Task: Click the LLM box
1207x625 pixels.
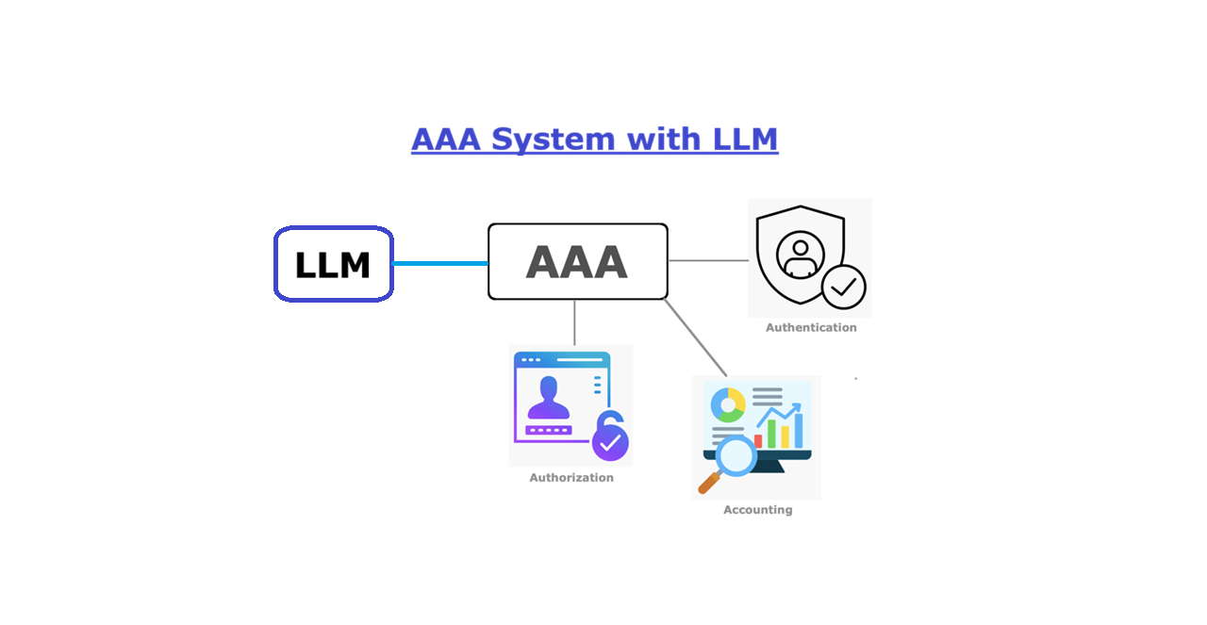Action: point(334,264)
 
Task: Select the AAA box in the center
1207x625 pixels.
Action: point(578,262)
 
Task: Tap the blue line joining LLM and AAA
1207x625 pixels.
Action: point(440,263)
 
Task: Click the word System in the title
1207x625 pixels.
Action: point(553,140)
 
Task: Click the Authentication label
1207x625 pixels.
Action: point(811,328)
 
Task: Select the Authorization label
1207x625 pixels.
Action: point(571,477)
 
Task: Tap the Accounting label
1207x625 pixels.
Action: point(757,510)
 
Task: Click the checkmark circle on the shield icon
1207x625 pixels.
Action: point(844,288)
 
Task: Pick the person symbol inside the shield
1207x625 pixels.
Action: point(801,255)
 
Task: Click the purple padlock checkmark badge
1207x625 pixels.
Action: point(610,437)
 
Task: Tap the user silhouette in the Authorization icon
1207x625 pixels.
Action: point(549,398)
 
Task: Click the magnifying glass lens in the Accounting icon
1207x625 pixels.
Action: point(736,456)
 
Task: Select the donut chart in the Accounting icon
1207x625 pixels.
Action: point(728,404)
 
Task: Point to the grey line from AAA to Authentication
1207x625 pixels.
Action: point(708,261)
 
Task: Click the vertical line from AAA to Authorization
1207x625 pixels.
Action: point(574,322)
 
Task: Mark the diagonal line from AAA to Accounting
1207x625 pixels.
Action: point(696,337)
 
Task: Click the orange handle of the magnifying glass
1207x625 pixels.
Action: point(709,483)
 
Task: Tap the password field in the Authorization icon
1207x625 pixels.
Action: point(549,431)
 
